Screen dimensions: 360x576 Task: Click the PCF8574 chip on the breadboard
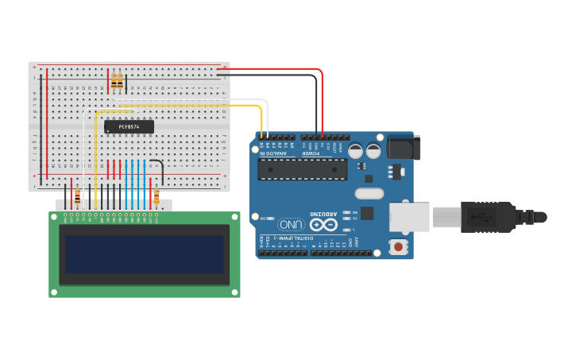129,126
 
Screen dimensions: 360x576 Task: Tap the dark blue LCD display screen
144,254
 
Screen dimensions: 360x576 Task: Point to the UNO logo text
292,224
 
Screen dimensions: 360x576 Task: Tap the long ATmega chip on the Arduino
302,169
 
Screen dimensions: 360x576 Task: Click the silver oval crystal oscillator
369,193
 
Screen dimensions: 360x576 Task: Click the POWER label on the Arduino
312,153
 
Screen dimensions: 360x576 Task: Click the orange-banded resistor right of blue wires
157,195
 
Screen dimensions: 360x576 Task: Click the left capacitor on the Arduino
355,150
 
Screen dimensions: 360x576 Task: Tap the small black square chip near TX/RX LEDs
367,213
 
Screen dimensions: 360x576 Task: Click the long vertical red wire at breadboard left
47,123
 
